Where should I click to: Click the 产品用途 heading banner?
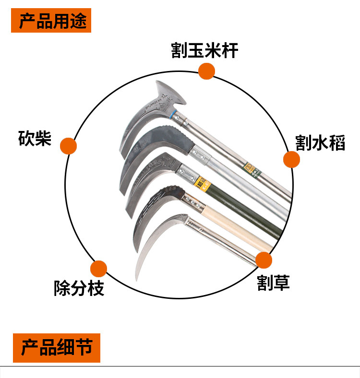point(51,21)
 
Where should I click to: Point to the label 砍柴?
point(35,138)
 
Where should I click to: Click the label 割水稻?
point(320,142)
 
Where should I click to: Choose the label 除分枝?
point(79,288)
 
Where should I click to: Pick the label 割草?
point(273,283)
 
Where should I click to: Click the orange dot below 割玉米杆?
point(206,71)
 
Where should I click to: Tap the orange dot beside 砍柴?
point(68,146)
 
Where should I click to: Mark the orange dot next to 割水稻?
point(291,160)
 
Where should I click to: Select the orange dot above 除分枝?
point(98,269)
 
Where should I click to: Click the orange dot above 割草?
point(264,260)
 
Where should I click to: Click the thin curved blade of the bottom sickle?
point(149,245)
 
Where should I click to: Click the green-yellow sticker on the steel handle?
point(249,167)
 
